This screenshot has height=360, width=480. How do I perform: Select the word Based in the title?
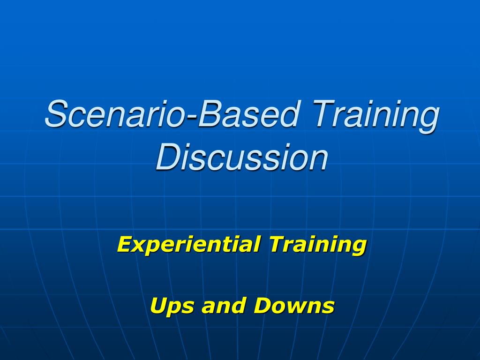[x=248, y=115]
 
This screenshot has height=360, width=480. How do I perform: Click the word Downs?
[x=294, y=306]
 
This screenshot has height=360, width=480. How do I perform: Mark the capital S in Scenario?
[x=56, y=115]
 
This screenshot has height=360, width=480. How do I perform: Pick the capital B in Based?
[x=209, y=115]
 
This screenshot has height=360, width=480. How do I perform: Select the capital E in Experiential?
[x=125, y=244]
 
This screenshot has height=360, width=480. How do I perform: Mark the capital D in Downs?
[x=263, y=306]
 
